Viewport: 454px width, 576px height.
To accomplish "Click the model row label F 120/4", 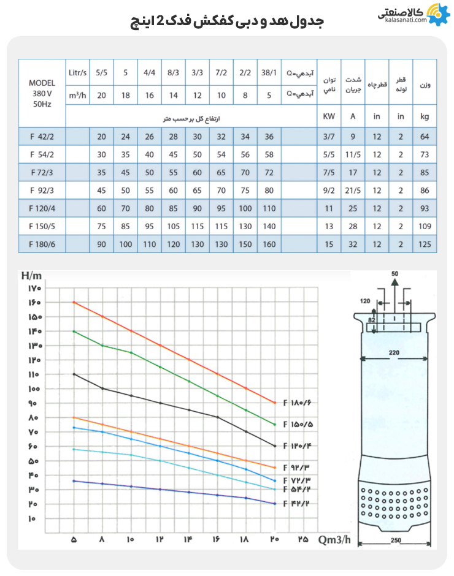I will [x=42, y=209].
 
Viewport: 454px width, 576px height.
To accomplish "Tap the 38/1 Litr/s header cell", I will [x=269, y=72].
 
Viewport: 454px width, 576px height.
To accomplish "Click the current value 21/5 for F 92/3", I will [x=353, y=191].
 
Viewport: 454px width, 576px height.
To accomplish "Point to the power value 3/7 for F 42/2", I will [x=329, y=137].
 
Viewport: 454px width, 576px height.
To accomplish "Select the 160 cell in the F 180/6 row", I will [x=269, y=244].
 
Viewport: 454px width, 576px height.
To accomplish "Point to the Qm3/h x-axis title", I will [x=336, y=540].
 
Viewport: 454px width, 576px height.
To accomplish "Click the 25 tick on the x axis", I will [x=303, y=540].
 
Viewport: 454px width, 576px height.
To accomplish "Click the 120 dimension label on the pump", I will [x=366, y=302].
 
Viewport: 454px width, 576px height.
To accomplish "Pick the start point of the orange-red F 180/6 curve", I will [x=74, y=302].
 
